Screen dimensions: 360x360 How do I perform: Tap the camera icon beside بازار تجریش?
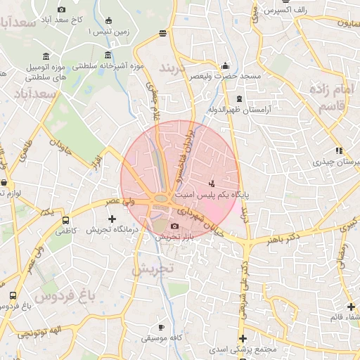[174, 226]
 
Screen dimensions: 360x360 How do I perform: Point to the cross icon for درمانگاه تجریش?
[111, 219]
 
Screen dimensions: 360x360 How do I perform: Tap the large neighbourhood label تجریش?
[152, 268]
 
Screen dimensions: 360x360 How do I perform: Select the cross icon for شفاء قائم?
[351, 306]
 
